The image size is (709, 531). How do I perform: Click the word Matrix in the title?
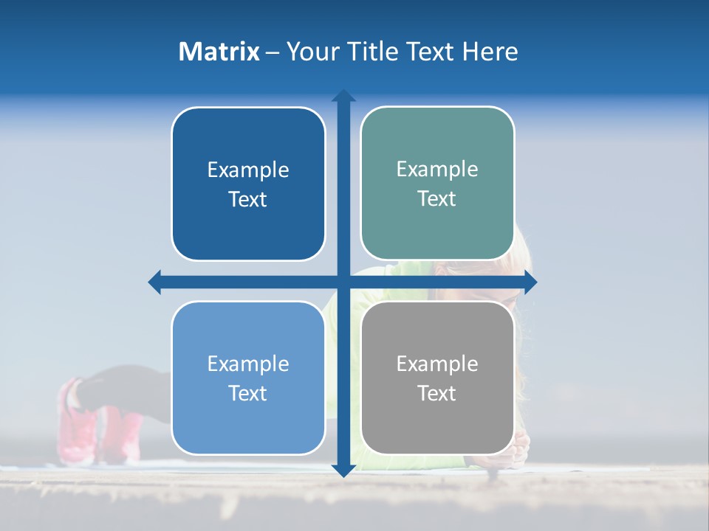[x=219, y=52]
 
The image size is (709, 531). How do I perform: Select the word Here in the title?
[x=490, y=52]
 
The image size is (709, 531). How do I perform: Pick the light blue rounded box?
[x=248, y=428]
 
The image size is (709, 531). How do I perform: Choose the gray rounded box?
[x=437, y=428]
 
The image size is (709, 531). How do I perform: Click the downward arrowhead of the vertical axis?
[x=343, y=470]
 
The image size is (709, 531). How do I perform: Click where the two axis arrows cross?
[x=343, y=282]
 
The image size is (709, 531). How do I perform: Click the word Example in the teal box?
[x=437, y=169]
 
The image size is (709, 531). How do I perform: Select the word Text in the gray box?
[x=437, y=393]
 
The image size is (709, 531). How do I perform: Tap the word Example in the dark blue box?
[x=248, y=170]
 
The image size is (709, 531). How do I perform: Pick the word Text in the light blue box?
[x=248, y=393]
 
